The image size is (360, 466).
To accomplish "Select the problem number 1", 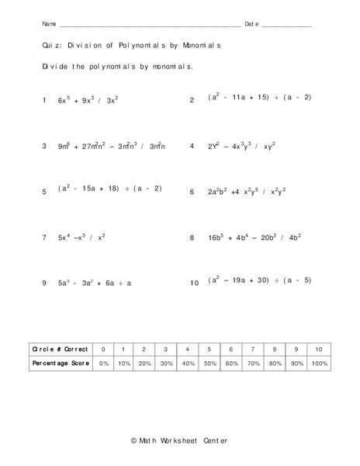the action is tap(45, 100).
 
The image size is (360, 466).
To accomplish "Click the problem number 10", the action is tap(194, 283).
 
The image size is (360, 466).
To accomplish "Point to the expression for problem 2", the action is tap(259, 98).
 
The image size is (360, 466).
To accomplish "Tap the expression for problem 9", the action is tap(94, 283).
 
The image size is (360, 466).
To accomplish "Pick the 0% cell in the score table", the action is tap(104, 363).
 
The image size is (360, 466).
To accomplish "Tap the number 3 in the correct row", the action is tap(165, 349).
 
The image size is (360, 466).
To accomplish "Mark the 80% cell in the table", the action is tap(272, 363).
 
